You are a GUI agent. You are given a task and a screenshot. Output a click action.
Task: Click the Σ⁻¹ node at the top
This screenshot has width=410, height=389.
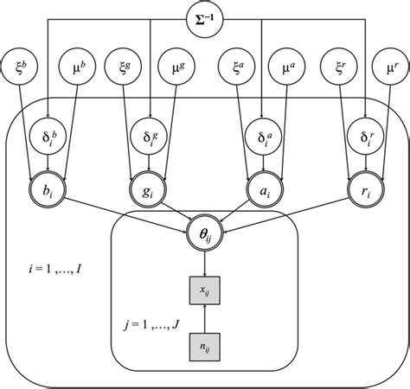point(205,18)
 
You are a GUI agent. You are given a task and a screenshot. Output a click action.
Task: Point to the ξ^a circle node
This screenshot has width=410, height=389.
point(237,65)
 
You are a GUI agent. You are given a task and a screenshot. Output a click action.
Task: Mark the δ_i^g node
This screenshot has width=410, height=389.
point(152,137)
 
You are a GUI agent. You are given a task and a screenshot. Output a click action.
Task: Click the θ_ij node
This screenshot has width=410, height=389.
point(205,233)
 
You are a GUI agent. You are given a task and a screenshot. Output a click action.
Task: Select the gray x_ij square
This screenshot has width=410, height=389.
point(205,291)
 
